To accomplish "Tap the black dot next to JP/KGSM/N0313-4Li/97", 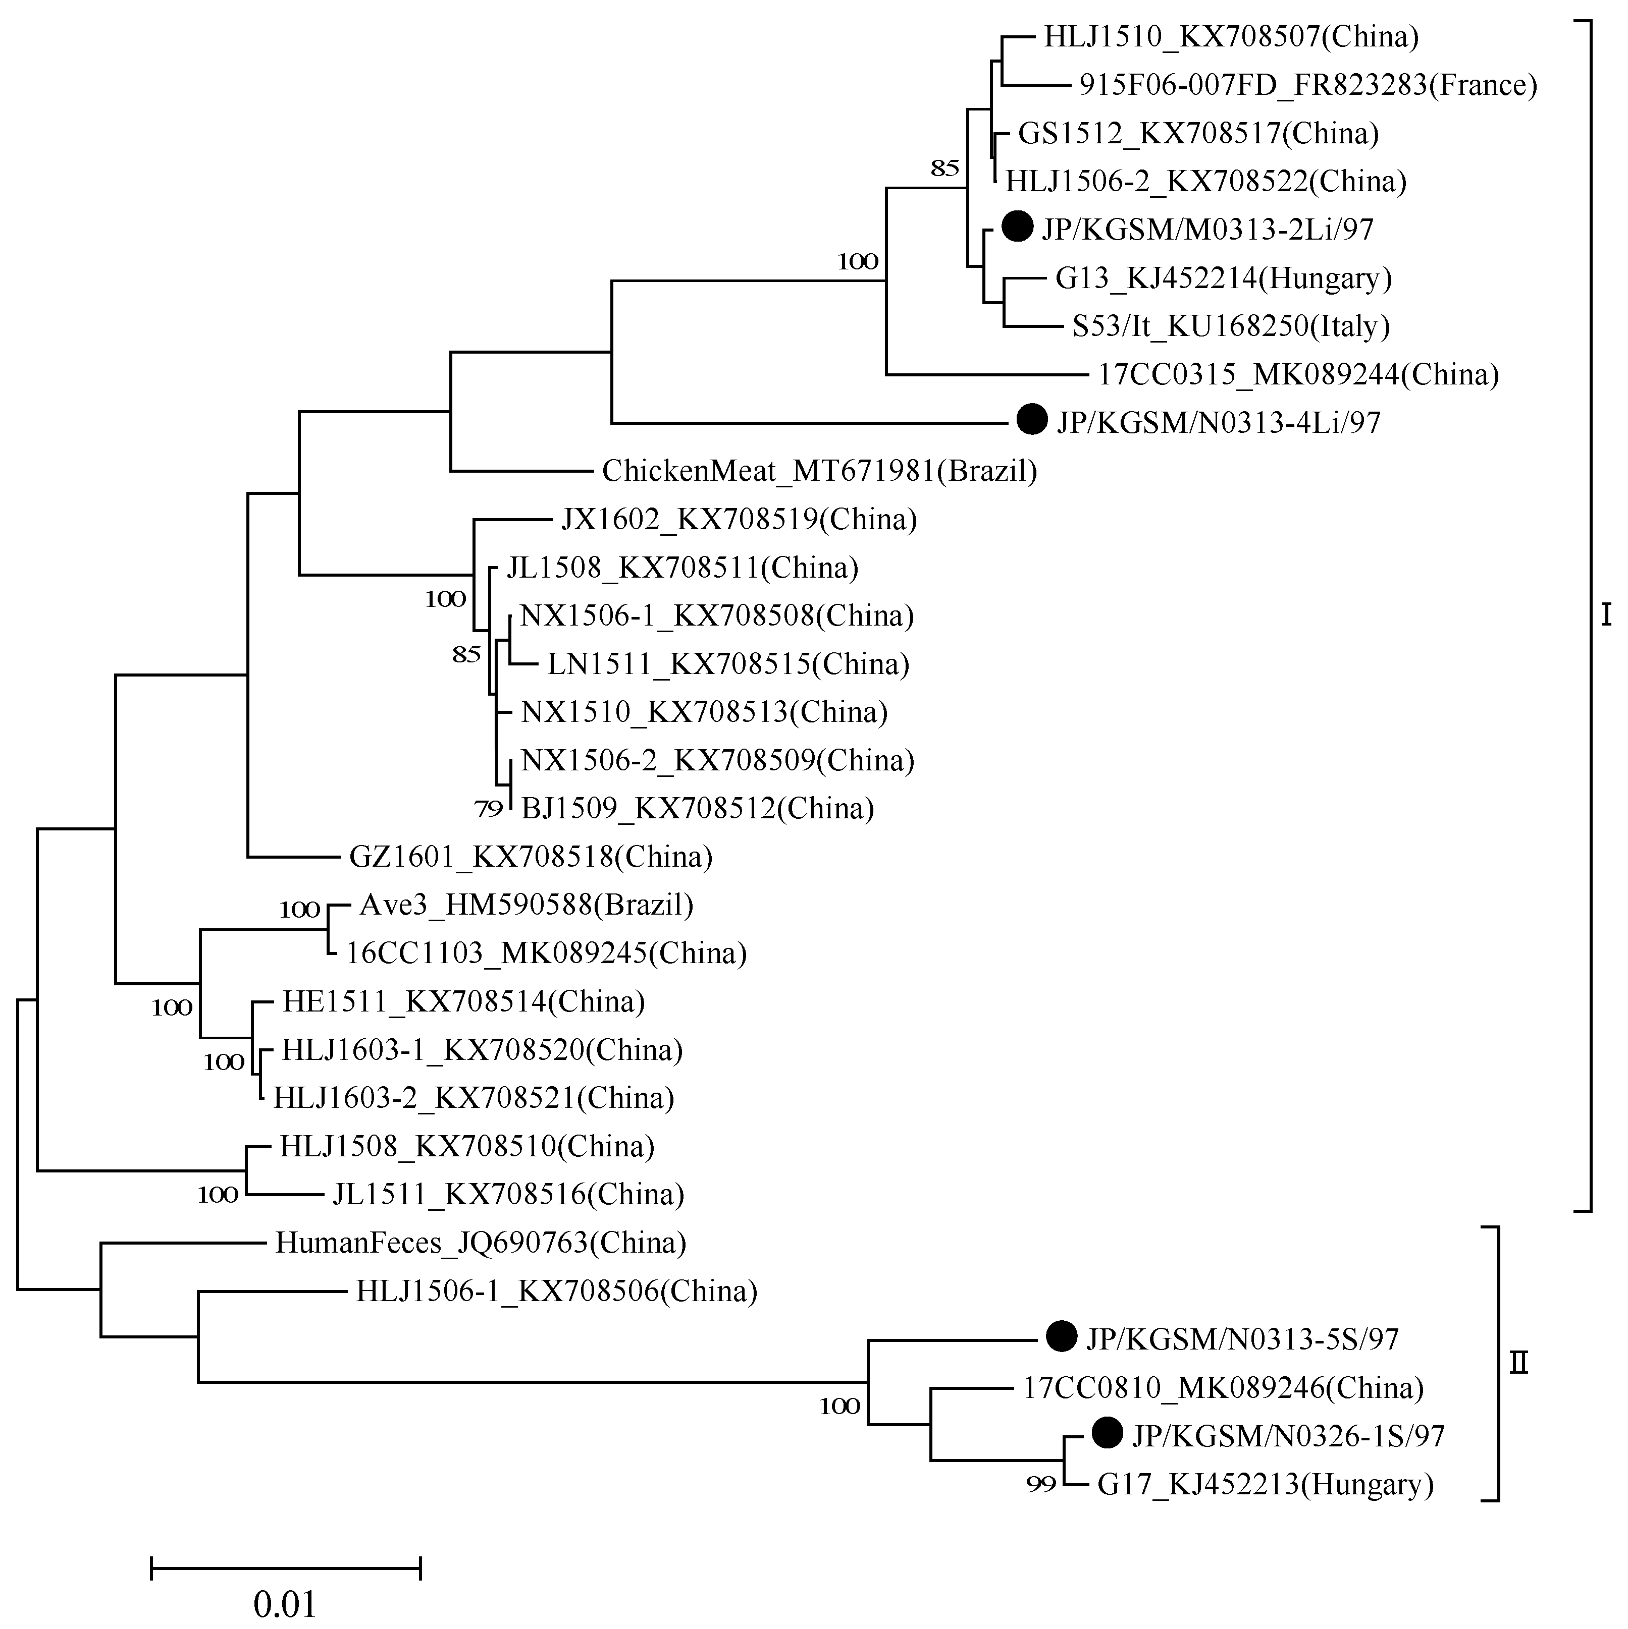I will coord(1032,419).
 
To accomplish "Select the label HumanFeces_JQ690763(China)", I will coord(481,1243).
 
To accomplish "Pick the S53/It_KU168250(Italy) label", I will coord(1231,326).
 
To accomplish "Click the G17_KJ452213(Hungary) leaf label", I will coord(1265,1484).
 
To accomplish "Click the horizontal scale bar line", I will coord(285,1568).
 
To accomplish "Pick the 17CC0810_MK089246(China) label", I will coord(1223,1387).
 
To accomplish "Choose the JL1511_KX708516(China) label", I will coord(508,1194).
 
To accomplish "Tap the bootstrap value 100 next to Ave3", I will coord(299,910).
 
